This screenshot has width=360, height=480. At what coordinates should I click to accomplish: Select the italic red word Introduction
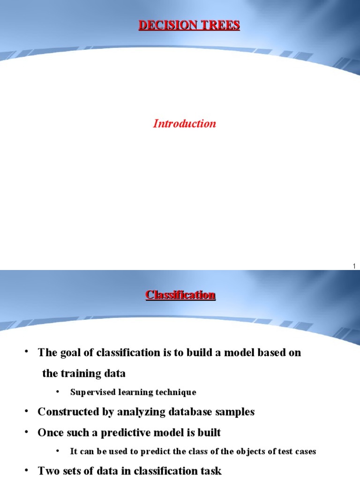coord(185,124)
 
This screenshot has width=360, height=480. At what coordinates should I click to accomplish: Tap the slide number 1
coord(354,266)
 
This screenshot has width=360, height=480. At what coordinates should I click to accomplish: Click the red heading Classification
coord(180,295)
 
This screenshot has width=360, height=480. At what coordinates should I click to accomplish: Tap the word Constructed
coord(67,412)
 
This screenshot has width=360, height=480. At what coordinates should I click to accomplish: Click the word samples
coord(236,412)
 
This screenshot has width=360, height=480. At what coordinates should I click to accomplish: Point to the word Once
coord(50,432)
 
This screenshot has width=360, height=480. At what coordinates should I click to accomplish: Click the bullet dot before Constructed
coord(27,411)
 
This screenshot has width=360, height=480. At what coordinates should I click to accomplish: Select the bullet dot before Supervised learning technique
coord(58,391)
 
